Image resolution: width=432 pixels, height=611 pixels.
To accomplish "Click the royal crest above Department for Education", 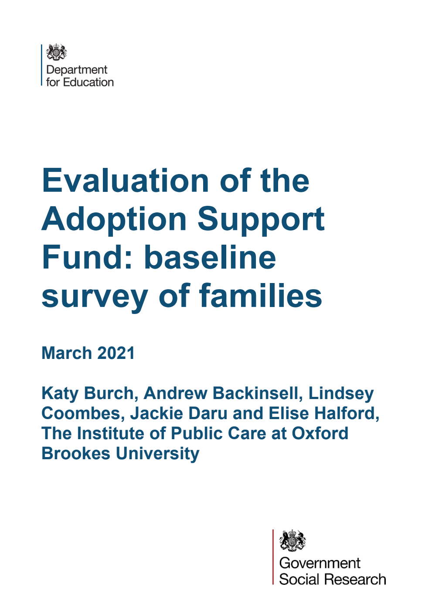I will tap(56, 52).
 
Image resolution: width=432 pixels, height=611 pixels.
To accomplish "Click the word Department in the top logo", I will tap(77, 70).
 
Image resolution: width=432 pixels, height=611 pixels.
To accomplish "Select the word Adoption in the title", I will tap(114, 219).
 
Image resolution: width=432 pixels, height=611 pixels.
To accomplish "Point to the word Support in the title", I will tap(261, 219).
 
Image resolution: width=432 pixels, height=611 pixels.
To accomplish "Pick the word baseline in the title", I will tap(210, 257).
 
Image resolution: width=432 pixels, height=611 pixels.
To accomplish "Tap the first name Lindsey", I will tap(341, 393).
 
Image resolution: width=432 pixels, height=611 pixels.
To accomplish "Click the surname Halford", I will tap(346, 413).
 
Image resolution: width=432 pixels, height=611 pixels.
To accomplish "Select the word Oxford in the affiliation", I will tap(320, 434).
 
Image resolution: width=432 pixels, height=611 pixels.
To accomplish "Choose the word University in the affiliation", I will tap(157, 454).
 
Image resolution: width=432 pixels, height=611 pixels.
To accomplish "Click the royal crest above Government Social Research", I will tap(293, 541).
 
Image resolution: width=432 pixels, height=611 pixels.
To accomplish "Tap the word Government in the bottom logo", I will tap(320, 563).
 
